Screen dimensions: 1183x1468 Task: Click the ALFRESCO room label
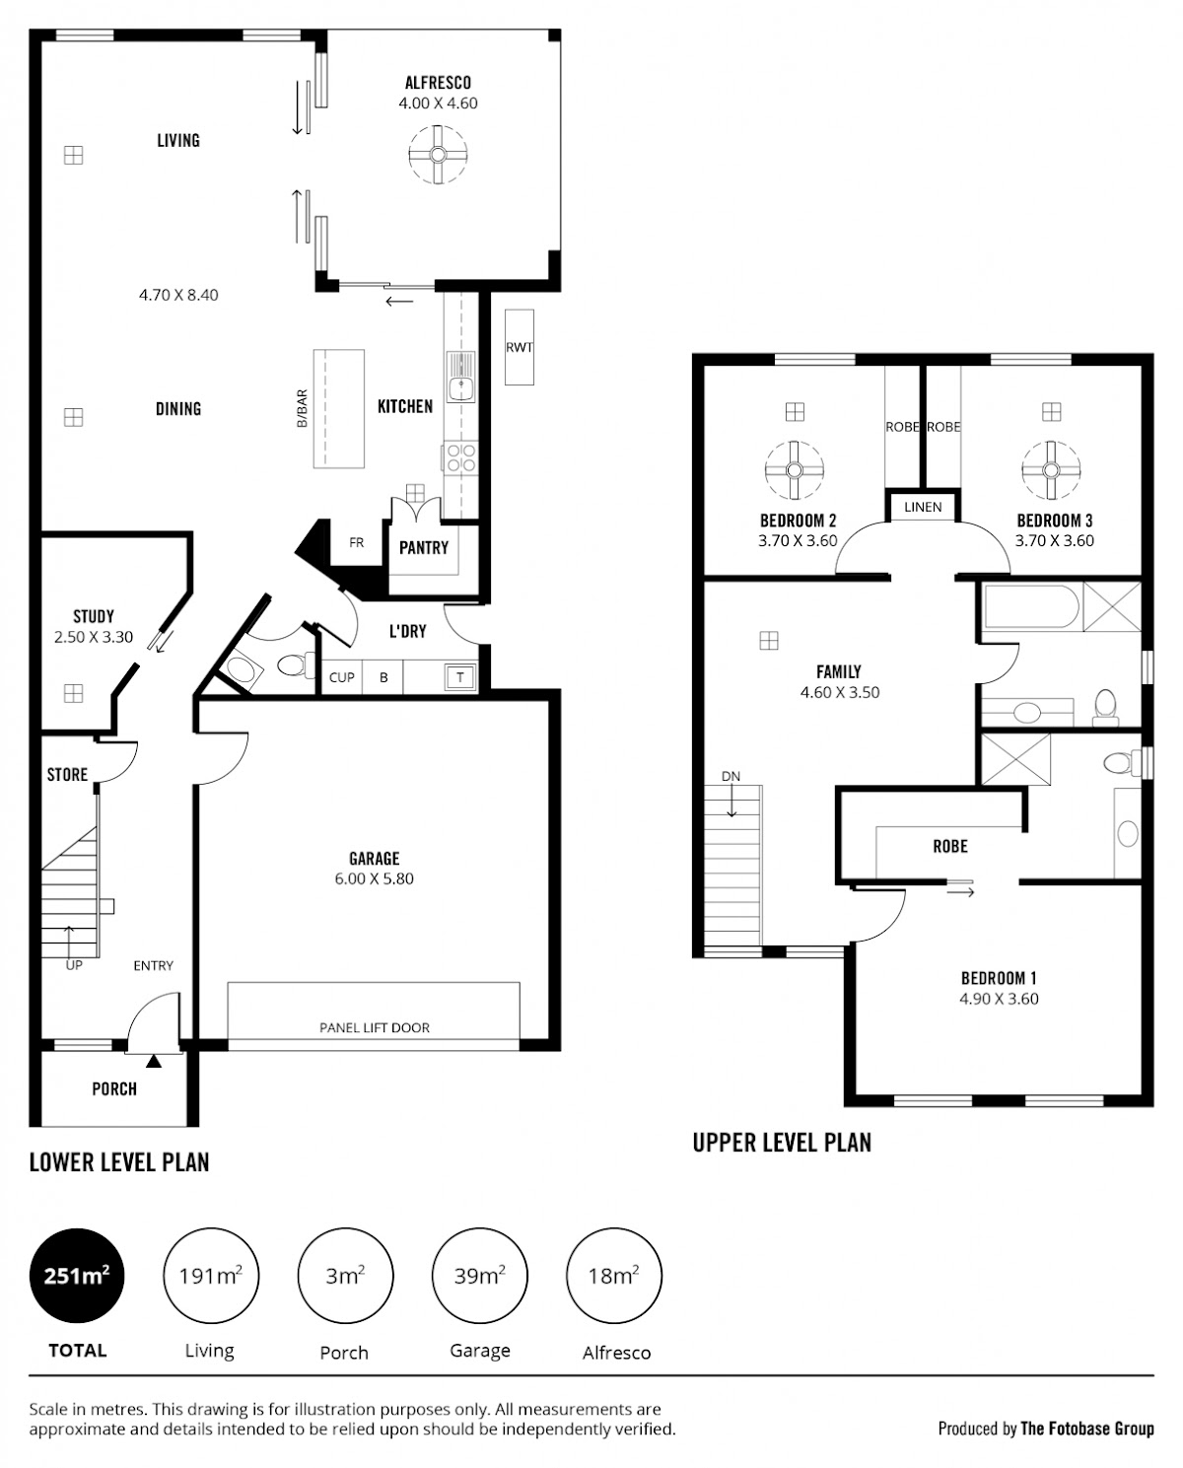coord(438,83)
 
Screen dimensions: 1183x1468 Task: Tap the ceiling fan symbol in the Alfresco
coord(438,155)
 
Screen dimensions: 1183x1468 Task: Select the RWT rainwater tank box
coord(520,347)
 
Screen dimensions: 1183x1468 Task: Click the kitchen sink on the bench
coord(461,378)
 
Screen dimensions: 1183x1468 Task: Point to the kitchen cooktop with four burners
coord(461,457)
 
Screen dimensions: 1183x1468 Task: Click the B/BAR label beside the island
coord(303,408)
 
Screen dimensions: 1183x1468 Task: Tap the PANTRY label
coord(424,548)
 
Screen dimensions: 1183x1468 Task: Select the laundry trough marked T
coord(460,677)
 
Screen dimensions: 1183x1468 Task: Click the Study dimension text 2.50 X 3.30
coord(94,637)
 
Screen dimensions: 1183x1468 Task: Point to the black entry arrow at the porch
coord(154,1062)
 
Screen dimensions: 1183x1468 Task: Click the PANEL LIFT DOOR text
coord(375,1028)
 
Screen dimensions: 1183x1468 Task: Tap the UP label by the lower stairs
coord(74,966)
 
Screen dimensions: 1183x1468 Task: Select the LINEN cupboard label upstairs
coord(923,508)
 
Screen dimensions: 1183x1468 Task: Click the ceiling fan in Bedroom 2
coord(795,470)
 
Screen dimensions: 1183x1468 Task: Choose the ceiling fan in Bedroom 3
coord(1051,470)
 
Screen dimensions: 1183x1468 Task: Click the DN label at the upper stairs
coord(731,776)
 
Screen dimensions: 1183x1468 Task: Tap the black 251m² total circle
coord(77,1276)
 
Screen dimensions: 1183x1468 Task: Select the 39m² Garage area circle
coord(480,1276)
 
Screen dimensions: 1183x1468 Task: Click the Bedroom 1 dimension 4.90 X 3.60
coord(999,1000)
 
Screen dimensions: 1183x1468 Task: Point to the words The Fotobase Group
coord(1087,1429)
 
